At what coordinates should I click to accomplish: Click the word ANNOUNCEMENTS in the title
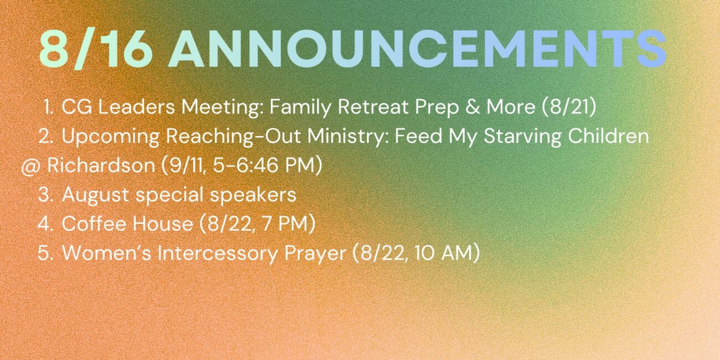point(418,49)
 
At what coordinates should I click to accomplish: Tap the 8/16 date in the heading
point(95,49)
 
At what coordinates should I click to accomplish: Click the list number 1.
point(48,107)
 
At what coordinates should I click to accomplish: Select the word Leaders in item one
point(137,107)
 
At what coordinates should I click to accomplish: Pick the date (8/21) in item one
point(569,107)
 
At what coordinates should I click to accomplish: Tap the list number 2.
point(46,136)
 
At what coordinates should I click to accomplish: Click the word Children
point(609,136)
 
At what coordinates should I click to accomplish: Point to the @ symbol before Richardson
point(30,167)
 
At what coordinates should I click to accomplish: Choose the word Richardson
point(101,165)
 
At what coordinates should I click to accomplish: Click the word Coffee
point(95,223)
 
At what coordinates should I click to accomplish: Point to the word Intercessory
point(217,253)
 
